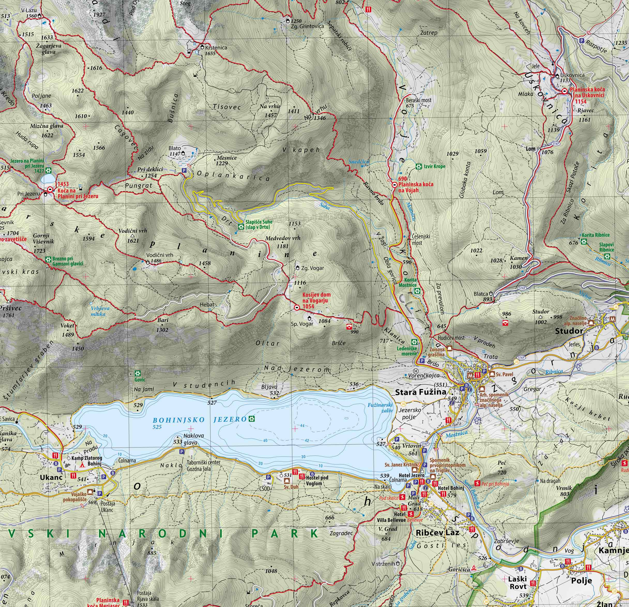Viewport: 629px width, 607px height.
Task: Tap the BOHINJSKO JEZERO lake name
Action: [199, 419]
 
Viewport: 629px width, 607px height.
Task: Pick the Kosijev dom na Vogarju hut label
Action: [316, 301]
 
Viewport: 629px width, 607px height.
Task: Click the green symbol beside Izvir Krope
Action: [419, 166]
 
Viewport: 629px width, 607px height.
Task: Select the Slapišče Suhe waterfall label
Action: [258, 224]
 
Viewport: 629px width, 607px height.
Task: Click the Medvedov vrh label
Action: [283, 238]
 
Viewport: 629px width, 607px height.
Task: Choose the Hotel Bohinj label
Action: [451, 488]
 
